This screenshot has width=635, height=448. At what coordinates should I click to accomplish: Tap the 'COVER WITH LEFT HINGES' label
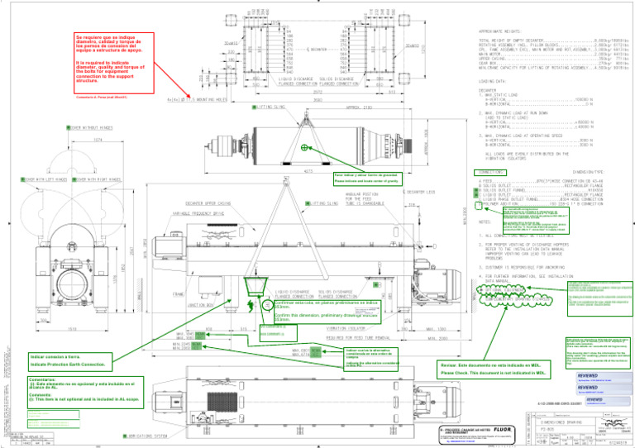pyautogui.click(x=38, y=179)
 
